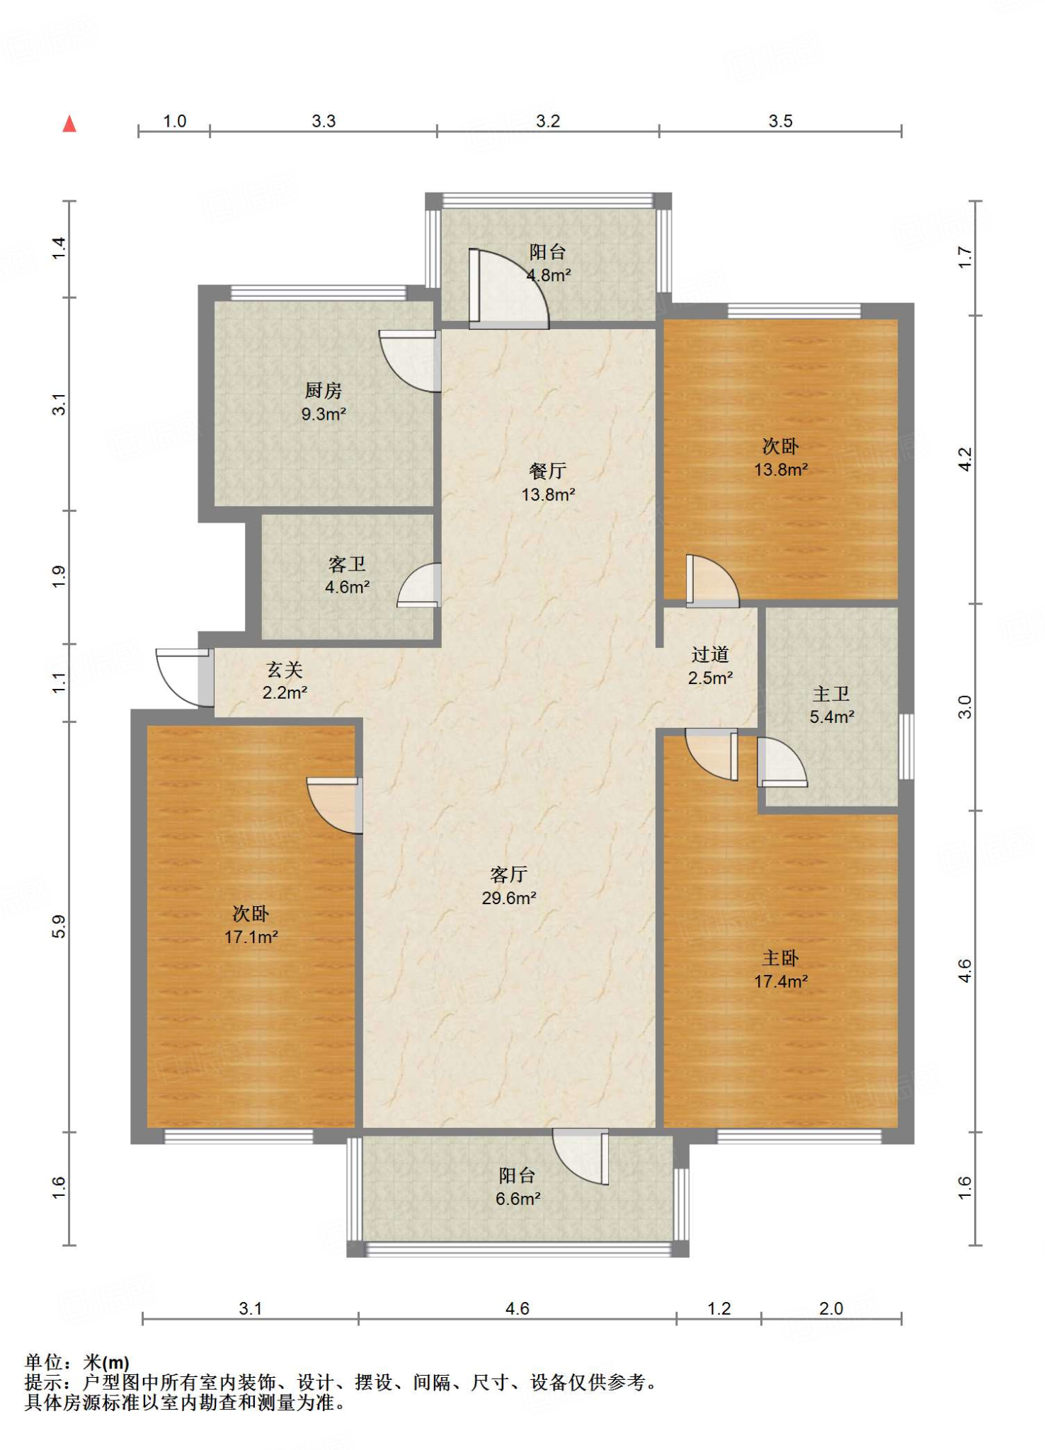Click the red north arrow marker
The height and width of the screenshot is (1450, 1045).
[69, 124]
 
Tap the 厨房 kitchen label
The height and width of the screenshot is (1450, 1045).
[324, 390]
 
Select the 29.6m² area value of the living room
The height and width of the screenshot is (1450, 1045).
[509, 898]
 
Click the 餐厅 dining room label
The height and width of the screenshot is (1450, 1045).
[548, 471]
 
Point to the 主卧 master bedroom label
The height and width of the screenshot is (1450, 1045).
[780, 958]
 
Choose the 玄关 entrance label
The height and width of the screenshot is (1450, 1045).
[285, 669]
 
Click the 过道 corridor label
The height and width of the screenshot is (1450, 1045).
[710, 654]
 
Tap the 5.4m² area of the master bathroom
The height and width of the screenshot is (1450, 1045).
[832, 717]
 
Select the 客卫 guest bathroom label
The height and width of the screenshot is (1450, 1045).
[347, 564]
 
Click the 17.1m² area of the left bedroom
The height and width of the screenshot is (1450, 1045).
[251, 937]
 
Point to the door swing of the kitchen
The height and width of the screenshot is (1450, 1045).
[410, 361]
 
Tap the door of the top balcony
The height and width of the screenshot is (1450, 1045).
[508, 289]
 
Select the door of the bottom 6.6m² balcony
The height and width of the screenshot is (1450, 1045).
[581, 1156]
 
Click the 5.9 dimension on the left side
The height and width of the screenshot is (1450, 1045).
[59, 927]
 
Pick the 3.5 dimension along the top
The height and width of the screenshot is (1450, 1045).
[780, 121]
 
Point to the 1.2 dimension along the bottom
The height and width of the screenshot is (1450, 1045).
[719, 1308]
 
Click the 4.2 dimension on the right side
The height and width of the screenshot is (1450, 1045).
[965, 459]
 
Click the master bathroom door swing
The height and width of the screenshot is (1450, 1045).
[782, 762]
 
